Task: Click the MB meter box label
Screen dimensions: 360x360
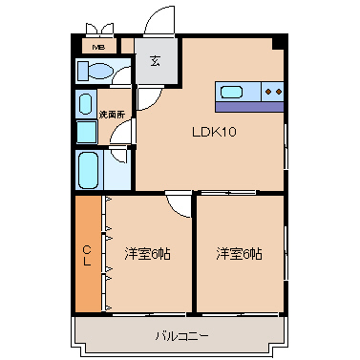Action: click(x=97, y=46)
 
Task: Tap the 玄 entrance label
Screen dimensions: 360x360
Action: click(x=155, y=60)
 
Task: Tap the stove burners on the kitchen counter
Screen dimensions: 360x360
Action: click(x=272, y=93)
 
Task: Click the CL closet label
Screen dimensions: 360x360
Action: click(x=87, y=255)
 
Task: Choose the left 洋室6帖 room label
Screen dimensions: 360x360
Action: click(x=146, y=253)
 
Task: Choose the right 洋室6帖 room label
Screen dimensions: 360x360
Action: click(x=239, y=253)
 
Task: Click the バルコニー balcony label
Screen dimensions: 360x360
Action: click(x=181, y=335)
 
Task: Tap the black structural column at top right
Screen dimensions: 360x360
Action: click(x=279, y=44)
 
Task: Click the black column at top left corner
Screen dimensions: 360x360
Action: click(x=77, y=40)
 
